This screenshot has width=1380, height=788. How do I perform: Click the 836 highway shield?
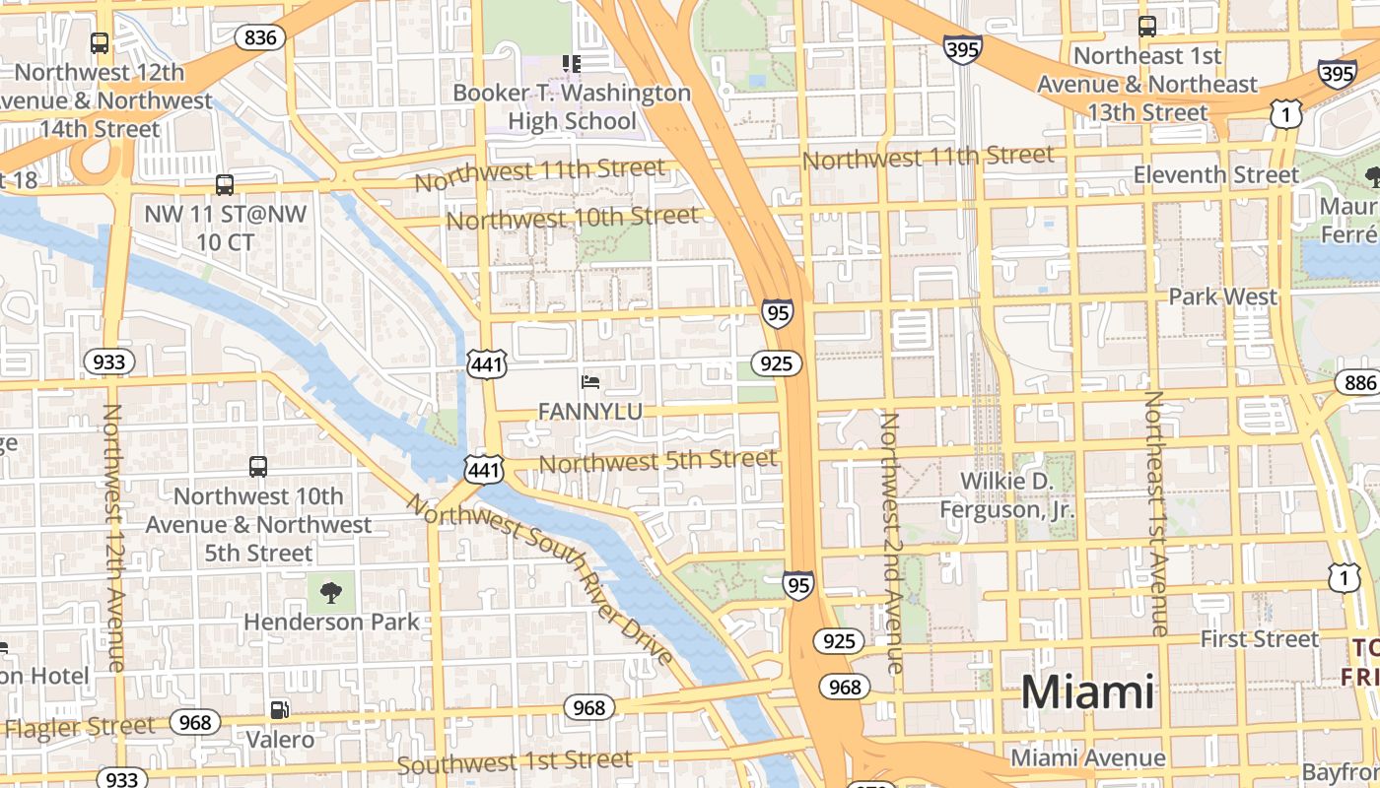[260, 38]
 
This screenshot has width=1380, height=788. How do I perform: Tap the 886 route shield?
[1358, 383]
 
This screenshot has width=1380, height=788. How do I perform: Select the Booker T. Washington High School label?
[572, 107]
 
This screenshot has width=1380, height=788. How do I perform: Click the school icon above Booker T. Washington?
[572, 64]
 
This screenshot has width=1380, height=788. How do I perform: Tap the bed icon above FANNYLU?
[590, 381]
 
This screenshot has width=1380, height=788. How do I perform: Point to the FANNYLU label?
[590, 411]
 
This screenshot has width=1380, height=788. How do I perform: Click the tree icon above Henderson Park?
[331, 592]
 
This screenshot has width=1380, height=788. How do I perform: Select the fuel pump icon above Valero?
[280, 709]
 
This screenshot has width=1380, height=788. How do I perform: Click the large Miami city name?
[1086, 692]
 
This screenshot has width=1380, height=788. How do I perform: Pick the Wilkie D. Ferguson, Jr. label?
[1006, 495]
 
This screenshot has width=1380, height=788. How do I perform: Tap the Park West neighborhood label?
[1222, 296]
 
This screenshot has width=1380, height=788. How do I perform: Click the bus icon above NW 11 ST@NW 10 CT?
[225, 184]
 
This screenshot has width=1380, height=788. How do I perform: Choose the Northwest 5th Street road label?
[658, 460]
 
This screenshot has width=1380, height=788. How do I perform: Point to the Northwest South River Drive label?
[540, 580]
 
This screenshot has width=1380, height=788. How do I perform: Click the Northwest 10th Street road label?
[572, 218]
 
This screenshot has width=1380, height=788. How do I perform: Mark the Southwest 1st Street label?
[514, 761]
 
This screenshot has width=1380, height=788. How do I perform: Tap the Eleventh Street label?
[1216, 175]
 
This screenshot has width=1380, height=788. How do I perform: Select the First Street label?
[1259, 639]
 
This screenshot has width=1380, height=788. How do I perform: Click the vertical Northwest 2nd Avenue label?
[891, 543]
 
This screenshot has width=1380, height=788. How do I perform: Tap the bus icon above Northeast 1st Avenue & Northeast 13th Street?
[1147, 27]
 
